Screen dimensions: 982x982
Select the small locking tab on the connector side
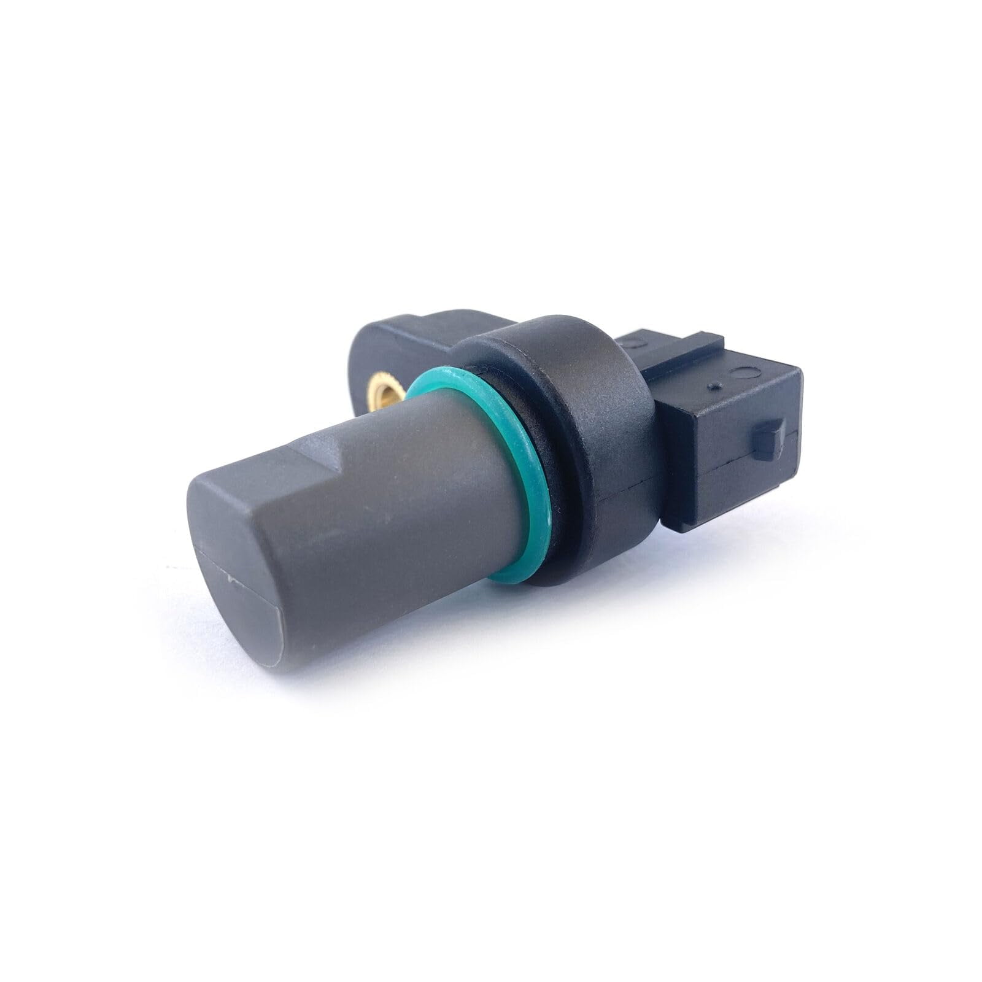(769, 439)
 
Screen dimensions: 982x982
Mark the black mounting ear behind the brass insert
(393, 344)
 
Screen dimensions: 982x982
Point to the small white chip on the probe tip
(230, 577)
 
